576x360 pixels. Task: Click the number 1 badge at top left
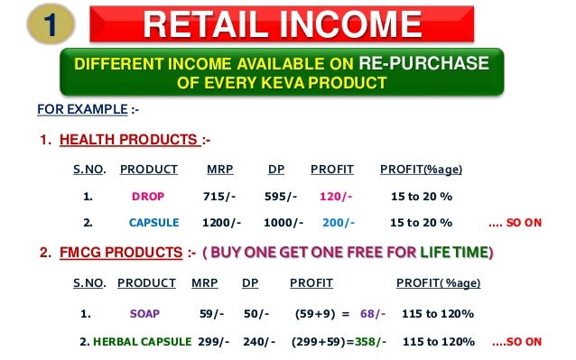(38, 25)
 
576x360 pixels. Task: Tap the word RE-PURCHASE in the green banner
(423, 64)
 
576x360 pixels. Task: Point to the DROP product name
(147, 196)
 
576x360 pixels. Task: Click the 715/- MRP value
(220, 196)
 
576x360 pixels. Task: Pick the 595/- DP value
(282, 196)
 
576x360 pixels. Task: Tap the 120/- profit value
(336, 196)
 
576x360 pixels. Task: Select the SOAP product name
(145, 314)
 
